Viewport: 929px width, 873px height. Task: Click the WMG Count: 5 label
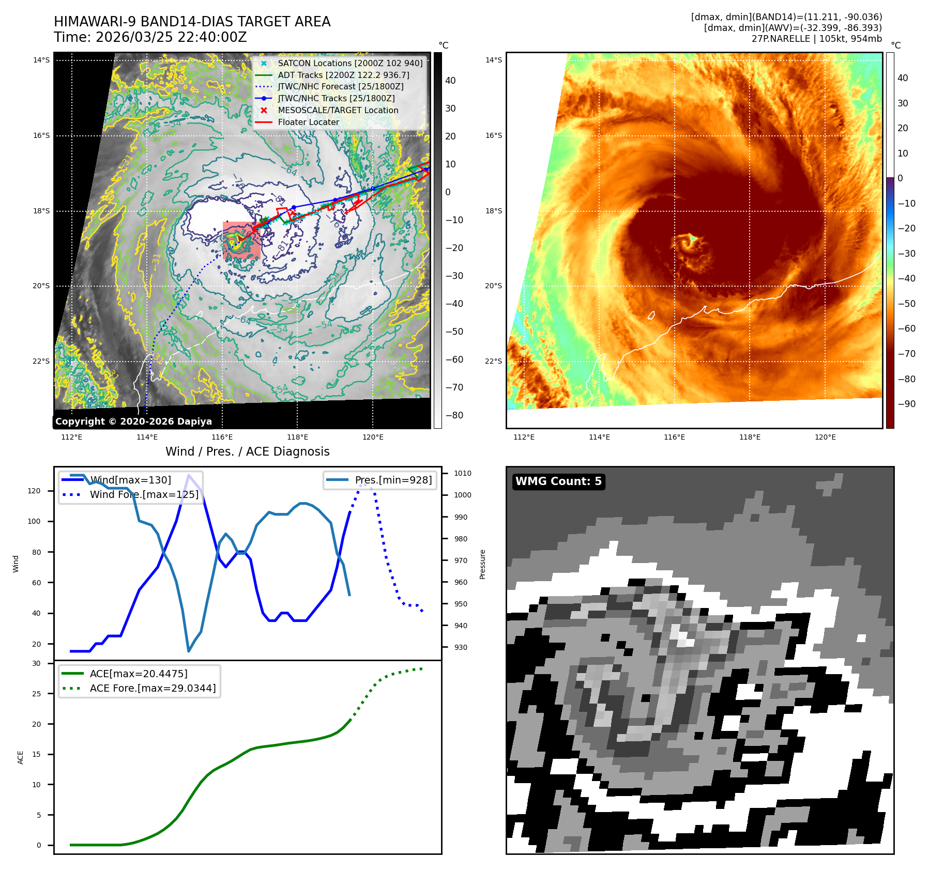point(558,481)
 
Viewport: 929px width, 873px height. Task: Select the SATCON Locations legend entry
point(350,63)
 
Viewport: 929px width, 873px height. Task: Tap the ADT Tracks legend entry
point(343,75)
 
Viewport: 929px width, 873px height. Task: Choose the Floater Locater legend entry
point(309,122)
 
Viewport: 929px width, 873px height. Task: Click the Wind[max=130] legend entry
point(130,480)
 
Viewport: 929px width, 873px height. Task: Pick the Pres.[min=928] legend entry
point(393,480)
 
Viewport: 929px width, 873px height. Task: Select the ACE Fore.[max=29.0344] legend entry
point(153,688)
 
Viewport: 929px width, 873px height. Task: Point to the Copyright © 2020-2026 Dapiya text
point(133,422)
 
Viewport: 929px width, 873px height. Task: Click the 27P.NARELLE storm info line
point(816,39)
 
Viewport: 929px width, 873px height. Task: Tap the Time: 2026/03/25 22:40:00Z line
point(150,37)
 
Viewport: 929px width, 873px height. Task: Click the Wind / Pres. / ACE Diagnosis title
point(247,451)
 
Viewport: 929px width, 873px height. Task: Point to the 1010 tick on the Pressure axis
point(462,473)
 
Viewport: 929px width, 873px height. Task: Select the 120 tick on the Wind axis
point(34,491)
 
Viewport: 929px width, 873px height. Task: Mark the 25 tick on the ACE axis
point(36,694)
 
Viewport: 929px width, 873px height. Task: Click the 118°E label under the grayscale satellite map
point(297,437)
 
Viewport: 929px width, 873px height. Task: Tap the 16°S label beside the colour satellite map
point(493,136)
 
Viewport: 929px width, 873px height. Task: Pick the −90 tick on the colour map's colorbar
point(906,404)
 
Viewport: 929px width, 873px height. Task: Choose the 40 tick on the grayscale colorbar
point(450,81)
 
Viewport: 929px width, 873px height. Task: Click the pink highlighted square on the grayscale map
point(241,240)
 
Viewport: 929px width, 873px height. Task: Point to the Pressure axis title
point(482,564)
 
